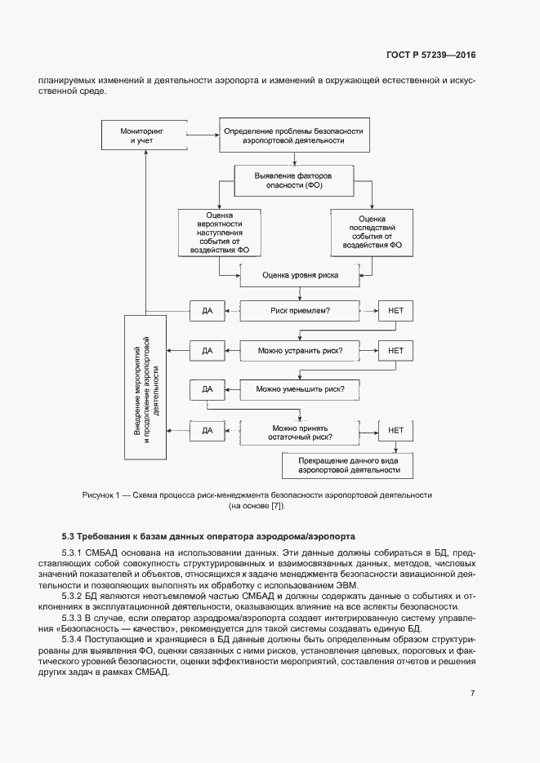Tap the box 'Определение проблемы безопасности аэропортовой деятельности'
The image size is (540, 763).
pos(292,135)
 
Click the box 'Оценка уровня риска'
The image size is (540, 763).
pos(300,276)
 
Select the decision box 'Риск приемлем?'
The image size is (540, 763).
pos(300,312)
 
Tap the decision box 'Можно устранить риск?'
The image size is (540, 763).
pos(300,351)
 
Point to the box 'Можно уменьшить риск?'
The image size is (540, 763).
pos(300,390)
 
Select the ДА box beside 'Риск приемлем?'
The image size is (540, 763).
pos(207,312)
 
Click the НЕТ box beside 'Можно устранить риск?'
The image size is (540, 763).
pos(395,351)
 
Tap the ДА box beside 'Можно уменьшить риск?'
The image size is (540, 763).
pos(207,390)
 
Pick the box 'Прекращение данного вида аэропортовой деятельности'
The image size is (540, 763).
pos(348,467)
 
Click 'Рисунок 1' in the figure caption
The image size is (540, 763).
pos(101,495)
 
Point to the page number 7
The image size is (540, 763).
pos(472,694)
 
